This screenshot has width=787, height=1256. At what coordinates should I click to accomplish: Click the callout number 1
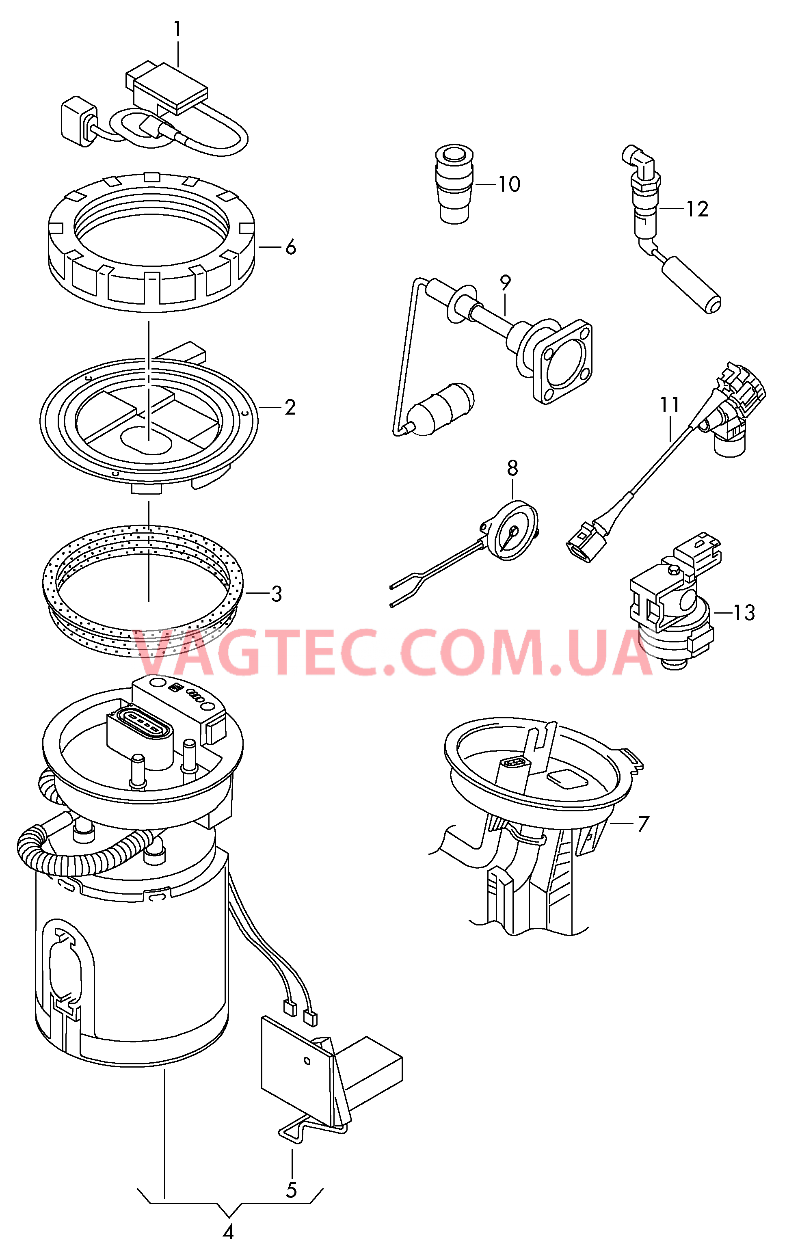point(177,29)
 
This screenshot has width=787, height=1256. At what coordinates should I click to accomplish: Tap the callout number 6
point(290,247)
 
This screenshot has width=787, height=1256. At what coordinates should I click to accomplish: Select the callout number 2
point(290,407)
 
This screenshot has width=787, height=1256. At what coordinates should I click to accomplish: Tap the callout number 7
point(643,824)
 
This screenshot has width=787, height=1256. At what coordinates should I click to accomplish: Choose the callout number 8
point(513,468)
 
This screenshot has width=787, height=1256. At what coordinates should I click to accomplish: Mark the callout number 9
point(505,283)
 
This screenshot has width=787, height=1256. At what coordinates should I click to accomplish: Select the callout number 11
point(670,404)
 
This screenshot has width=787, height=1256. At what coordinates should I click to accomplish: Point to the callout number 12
point(698,209)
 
